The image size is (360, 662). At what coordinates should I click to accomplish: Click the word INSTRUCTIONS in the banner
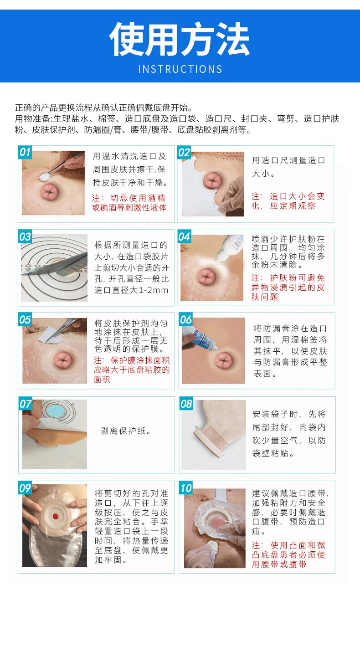(x=180, y=69)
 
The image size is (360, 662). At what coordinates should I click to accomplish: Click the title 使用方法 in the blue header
(x=180, y=39)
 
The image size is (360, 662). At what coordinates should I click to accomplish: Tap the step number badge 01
(x=25, y=152)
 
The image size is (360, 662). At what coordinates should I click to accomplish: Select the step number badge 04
(x=184, y=236)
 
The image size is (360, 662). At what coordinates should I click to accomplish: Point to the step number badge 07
(x=26, y=404)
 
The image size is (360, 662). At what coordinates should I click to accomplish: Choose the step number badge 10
(x=186, y=488)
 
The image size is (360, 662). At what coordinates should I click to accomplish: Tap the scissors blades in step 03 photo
(x=53, y=265)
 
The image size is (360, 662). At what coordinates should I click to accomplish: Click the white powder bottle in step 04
(x=229, y=248)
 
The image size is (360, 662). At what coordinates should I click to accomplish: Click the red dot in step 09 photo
(x=55, y=516)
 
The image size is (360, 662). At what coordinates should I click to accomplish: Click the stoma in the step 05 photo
(x=63, y=359)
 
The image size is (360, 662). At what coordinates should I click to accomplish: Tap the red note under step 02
(x=288, y=201)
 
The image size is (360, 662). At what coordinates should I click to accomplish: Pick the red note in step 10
(x=288, y=554)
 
